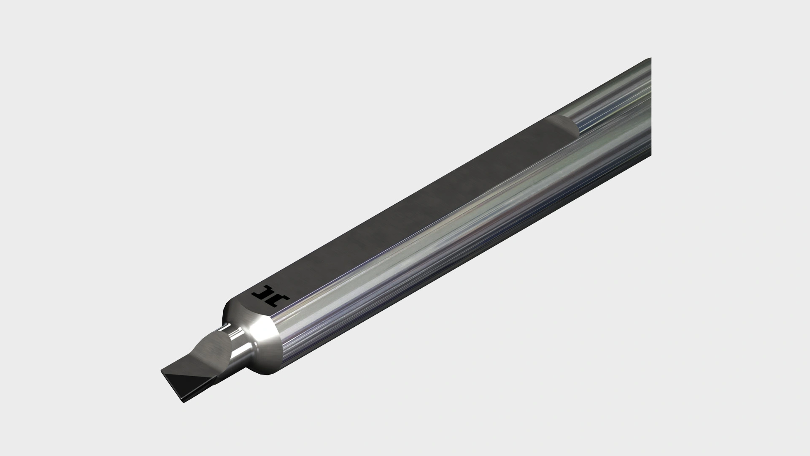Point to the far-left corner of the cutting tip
(x=161, y=371)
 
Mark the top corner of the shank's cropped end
(x=650, y=59)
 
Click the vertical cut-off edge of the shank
(x=650, y=106)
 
